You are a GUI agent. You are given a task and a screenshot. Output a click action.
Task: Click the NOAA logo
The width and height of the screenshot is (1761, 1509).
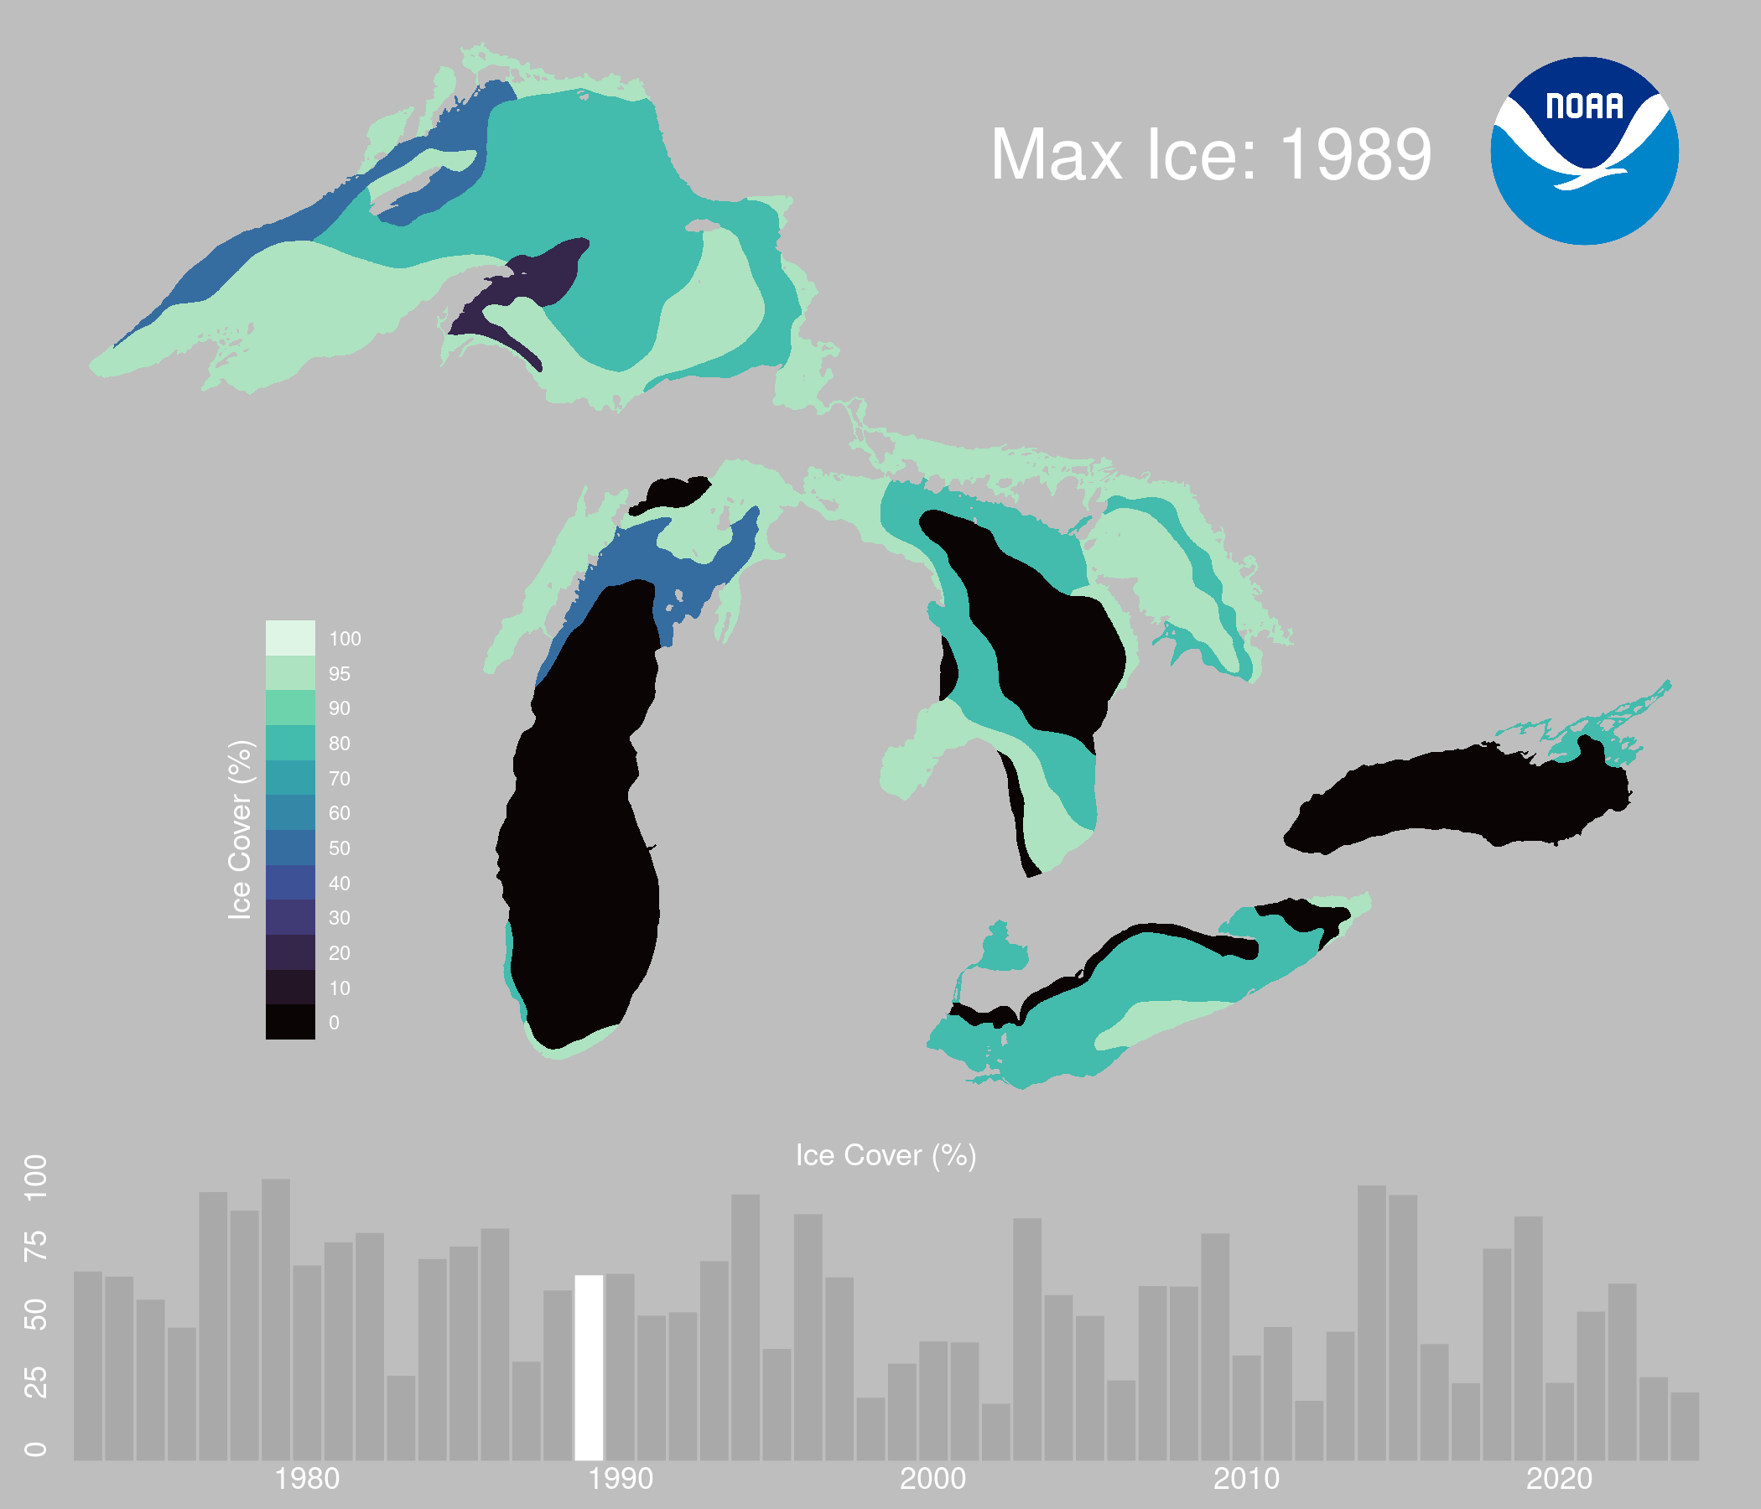(1584, 151)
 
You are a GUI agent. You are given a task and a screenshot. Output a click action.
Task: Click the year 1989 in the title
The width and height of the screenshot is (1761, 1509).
(1356, 155)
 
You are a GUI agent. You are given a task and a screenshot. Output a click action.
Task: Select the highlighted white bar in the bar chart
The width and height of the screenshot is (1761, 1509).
(589, 1368)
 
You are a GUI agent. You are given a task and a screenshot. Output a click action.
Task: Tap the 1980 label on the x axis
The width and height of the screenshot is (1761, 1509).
(307, 1480)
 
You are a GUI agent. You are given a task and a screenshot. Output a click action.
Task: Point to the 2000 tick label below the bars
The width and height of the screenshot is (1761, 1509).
(933, 1480)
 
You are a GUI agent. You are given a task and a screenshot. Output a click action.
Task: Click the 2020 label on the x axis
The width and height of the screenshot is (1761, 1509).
(1560, 1480)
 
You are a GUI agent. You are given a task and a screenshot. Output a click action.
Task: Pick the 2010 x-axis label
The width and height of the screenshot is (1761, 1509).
(1247, 1480)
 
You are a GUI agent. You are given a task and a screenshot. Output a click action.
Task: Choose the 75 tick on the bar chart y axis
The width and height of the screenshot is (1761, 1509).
(36, 1246)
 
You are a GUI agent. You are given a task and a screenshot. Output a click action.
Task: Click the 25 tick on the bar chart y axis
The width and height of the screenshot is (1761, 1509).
(36, 1383)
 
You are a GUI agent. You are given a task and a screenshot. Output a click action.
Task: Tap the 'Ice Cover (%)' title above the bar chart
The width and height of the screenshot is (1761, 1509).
(886, 1155)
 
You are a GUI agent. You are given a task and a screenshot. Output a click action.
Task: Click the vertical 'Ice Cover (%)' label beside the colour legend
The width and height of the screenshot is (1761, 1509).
(241, 830)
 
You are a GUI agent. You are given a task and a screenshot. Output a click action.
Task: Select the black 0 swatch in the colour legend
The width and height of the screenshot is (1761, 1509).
(291, 1021)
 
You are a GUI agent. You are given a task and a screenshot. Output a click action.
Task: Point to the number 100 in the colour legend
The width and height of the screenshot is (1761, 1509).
(345, 639)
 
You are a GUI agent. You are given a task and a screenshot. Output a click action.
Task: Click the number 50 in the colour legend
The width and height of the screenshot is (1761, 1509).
(340, 848)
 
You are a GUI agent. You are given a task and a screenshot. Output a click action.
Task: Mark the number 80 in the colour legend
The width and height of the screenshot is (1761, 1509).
(340, 744)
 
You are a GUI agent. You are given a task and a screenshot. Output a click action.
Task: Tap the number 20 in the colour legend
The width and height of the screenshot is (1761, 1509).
(340, 953)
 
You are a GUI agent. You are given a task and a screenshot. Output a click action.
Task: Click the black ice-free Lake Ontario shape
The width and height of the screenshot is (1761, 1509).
(1457, 799)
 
